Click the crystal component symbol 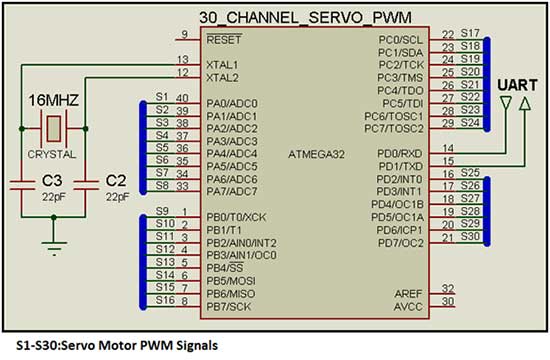pos(51,128)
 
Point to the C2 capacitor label pos(116,180)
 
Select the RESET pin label pos(226,39)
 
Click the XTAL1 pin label pos(222,63)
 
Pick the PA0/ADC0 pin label pos(233,102)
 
